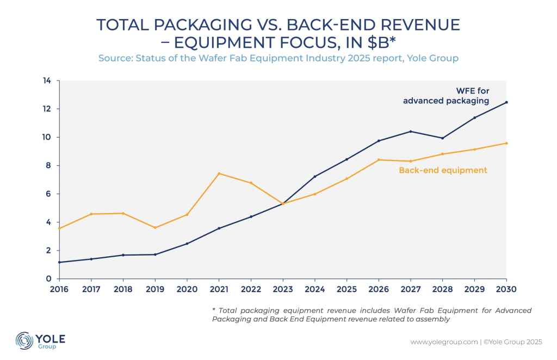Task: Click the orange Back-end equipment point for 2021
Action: pos(218,173)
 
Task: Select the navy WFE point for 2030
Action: pos(506,102)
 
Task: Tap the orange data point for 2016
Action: pos(59,228)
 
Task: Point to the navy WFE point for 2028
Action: pos(442,138)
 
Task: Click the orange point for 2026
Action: pos(379,160)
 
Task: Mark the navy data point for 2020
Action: pos(187,244)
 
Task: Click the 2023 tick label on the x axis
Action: pos(283,289)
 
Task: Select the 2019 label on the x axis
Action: pos(155,289)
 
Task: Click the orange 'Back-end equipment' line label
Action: pos(443,170)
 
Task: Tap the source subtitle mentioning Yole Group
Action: pos(278,57)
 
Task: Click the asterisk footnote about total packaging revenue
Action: pos(372,314)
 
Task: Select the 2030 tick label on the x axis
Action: pos(506,289)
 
